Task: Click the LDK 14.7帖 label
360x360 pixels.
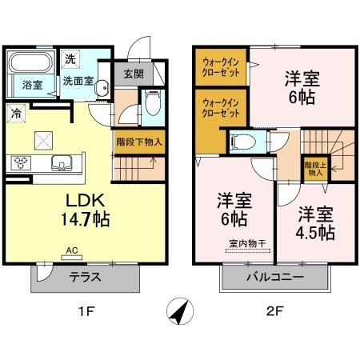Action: [82, 208]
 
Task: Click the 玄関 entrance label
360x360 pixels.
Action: [134, 74]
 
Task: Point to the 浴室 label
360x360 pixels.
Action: [32, 83]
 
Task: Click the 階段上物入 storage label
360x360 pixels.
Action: [313, 168]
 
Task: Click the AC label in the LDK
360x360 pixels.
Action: [70, 249]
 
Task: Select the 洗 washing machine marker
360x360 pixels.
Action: [70, 58]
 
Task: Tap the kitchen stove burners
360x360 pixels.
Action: [20, 162]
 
